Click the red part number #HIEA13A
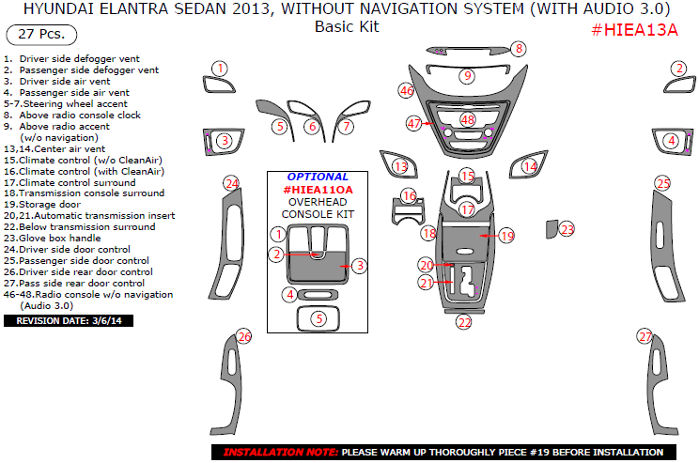(x=634, y=30)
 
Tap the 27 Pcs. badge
(x=39, y=36)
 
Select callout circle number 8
(x=519, y=49)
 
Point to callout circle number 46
(x=406, y=91)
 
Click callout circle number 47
(x=414, y=124)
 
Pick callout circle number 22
(x=464, y=322)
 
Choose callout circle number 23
(x=567, y=229)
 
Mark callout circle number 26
(x=244, y=336)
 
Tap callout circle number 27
(x=645, y=336)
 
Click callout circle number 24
(x=231, y=183)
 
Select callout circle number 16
(x=409, y=196)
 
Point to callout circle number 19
(x=506, y=236)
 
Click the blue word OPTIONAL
(x=318, y=177)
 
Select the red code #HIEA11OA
(x=318, y=189)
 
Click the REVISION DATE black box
(x=69, y=320)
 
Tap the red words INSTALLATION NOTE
(x=280, y=452)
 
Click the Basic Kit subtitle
(x=347, y=27)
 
